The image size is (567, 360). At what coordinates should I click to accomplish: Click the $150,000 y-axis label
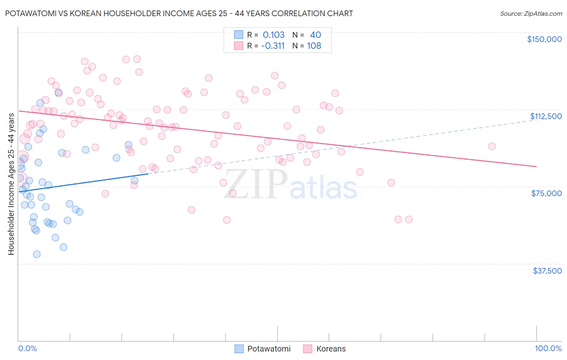(544, 39)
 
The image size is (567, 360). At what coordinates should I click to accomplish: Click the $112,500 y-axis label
(546, 116)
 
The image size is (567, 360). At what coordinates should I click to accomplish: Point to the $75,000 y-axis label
(546, 193)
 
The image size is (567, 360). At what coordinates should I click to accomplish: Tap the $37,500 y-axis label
(547, 271)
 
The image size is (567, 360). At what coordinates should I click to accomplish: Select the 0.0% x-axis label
(27, 348)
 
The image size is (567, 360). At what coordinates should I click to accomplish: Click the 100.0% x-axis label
(548, 348)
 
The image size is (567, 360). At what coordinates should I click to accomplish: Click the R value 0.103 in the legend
(273, 35)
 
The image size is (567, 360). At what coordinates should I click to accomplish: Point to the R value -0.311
(273, 46)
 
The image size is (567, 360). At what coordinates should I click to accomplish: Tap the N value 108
(314, 46)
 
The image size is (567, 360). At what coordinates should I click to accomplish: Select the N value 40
(315, 35)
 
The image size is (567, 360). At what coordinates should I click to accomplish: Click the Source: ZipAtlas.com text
(531, 14)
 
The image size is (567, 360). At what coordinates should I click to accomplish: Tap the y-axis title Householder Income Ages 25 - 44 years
(11, 184)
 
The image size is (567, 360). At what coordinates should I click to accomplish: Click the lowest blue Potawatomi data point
(37, 254)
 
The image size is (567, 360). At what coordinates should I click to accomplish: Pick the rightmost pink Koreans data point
(492, 147)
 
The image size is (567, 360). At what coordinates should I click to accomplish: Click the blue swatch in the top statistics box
(239, 35)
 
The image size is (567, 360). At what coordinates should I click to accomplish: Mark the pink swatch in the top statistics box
(239, 46)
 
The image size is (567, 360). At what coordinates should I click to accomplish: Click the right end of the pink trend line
(536, 166)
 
